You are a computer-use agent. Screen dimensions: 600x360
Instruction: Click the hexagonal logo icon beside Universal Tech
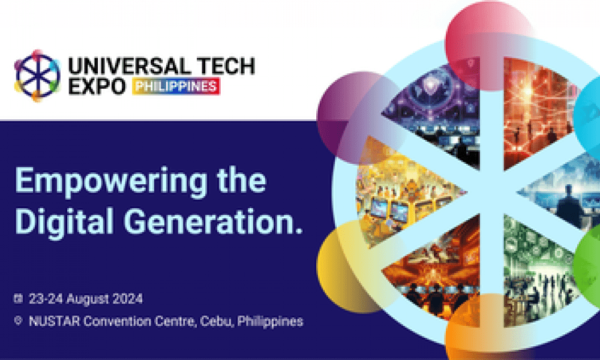(37, 76)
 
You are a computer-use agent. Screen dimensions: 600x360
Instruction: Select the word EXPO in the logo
(97, 86)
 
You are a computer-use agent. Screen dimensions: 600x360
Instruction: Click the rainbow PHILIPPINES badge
(176, 86)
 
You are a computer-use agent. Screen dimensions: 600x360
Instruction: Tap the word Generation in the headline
(209, 221)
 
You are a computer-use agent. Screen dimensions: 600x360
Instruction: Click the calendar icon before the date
(18, 298)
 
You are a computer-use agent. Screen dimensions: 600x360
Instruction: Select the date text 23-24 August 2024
(86, 299)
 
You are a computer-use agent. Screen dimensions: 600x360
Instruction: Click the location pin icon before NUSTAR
(18, 320)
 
